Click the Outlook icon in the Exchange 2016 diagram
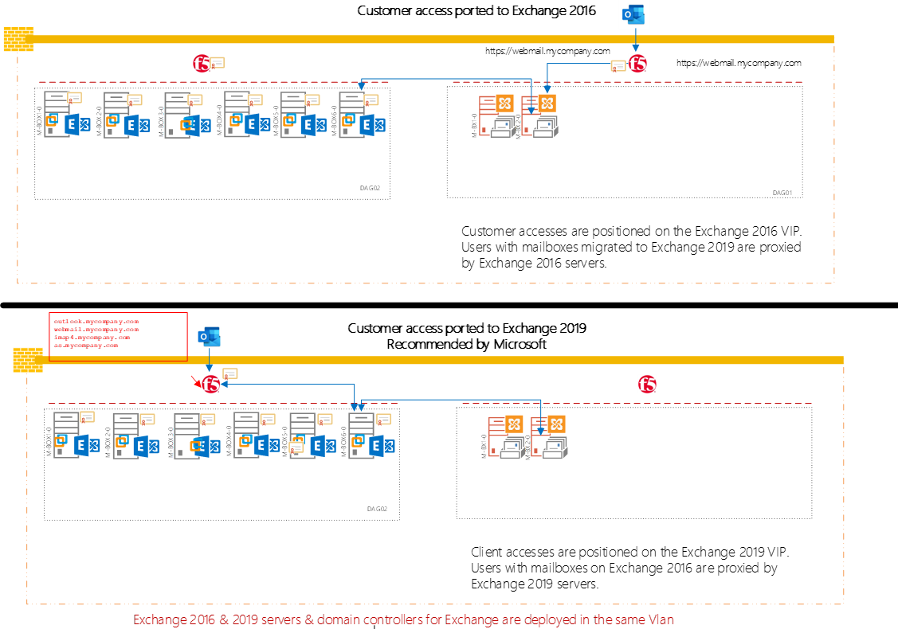coord(634,14)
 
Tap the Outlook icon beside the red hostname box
coord(209,337)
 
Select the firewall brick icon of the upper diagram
coord(18,39)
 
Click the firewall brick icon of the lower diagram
coord(28,361)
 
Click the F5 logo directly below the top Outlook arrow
coord(637,64)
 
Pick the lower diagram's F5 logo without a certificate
coord(648,385)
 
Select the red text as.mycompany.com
coord(85,346)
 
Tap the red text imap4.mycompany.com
coord(92,337)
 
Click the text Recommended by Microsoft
coord(467,344)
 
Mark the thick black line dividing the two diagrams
coord(449,304)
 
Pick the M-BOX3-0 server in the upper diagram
coord(175,115)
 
